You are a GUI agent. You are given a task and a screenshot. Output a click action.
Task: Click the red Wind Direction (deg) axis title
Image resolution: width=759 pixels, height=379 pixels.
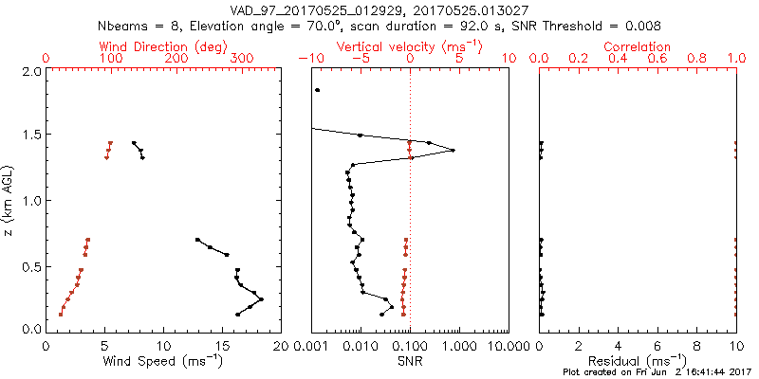tap(162, 46)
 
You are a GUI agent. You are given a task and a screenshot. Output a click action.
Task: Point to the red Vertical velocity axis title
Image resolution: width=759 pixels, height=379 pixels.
tap(410, 46)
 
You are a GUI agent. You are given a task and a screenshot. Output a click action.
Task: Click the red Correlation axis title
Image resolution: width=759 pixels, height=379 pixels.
tap(638, 46)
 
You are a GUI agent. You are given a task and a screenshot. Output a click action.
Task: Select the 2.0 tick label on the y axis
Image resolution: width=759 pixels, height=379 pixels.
tap(30, 71)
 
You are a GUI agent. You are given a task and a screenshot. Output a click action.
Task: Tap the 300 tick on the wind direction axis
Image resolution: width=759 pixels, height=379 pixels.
tap(240, 59)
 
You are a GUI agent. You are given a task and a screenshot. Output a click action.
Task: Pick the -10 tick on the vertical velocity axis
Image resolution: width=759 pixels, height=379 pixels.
tap(310, 59)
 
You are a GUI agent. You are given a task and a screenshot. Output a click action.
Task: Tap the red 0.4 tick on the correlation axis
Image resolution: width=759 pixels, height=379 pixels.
tap(618, 59)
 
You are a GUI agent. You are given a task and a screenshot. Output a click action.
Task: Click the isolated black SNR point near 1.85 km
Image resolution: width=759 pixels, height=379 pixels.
tap(318, 90)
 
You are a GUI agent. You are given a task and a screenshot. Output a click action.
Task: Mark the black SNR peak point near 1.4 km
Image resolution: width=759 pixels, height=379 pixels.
tap(453, 150)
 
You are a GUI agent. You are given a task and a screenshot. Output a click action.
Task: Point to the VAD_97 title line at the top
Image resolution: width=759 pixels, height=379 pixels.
tap(379, 9)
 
